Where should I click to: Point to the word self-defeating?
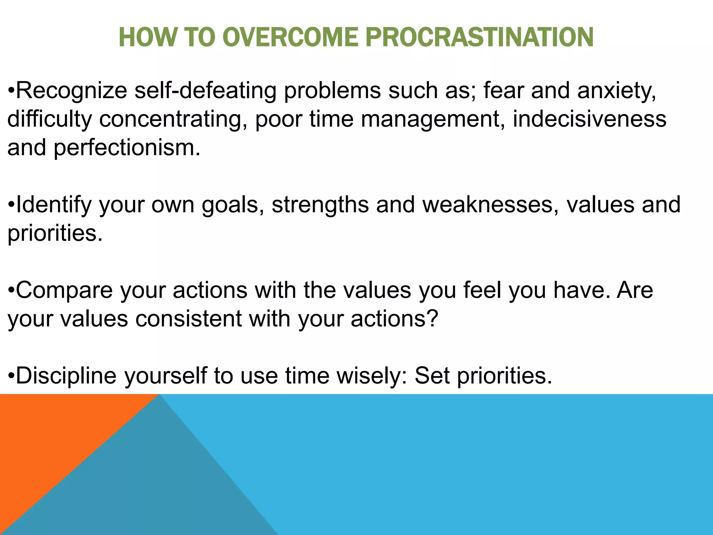pyautogui.click(x=205, y=91)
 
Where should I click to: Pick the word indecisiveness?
pyautogui.click(x=589, y=119)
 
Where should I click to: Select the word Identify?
pyautogui.click(x=54, y=205)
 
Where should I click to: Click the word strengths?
pyautogui.click(x=320, y=205)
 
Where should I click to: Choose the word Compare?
pyautogui.click(x=64, y=290)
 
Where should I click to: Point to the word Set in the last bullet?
pyautogui.click(x=432, y=376)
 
